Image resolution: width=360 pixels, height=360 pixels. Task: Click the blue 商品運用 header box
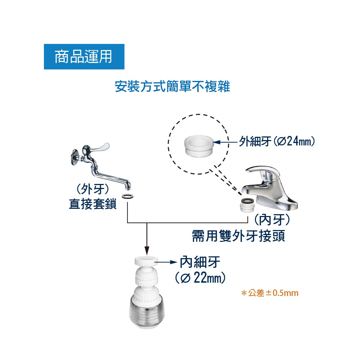pos(84,57)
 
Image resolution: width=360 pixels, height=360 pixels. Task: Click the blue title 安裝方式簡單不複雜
pos(172,86)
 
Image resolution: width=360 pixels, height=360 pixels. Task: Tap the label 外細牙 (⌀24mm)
pos(276,141)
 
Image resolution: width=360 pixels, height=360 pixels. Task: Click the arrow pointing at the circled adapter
pos(225,142)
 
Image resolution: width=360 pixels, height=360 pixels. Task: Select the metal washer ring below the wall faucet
pos(128,197)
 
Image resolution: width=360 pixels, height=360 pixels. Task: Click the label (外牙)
pos(93,189)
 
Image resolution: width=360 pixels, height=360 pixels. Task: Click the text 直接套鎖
pos(93,204)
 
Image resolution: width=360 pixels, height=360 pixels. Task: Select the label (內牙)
pos(272,220)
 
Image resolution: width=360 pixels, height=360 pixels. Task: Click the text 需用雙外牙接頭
pos(238,236)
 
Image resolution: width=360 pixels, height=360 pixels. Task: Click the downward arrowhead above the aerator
pos(147,251)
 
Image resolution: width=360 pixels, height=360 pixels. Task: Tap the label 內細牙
pos(199,262)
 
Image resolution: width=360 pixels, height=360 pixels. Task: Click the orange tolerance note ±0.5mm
pos(270,293)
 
